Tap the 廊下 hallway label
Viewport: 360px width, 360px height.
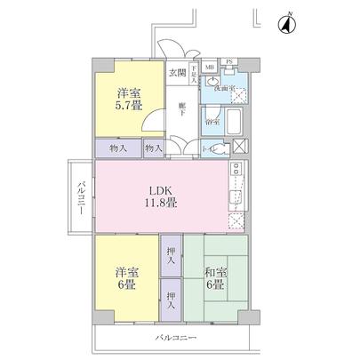pyautogui.click(x=181, y=108)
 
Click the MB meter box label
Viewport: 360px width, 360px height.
pyautogui.click(x=210, y=67)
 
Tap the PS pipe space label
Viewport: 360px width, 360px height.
pyautogui.click(x=229, y=61)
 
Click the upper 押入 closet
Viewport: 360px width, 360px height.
pyautogui.click(x=172, y=256)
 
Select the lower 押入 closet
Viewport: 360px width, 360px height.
pyautogui.click(x=172, y=300)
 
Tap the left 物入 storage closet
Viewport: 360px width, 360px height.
pyautogui.click(x=119, y=148)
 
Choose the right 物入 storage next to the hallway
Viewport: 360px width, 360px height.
pyautogui.click(x=152, y=148)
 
